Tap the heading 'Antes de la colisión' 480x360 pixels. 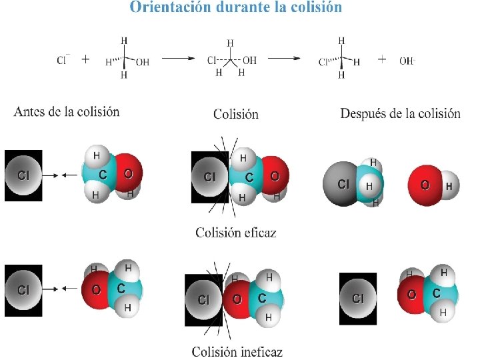pyautogui.click(x=67, y=111)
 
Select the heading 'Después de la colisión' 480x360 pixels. pyautogui.click(x=400, y=113)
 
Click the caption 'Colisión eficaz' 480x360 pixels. pyautogui.click(x=235, y=233)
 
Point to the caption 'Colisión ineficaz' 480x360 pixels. pyautogui.click(x=237, y=351)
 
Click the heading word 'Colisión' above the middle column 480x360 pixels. pyautogui.click(x=235, y=114)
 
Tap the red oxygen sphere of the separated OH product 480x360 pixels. pyautogui.click(x=425, y=184)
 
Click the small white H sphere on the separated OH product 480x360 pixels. pyautogui.click(x=449, y=187)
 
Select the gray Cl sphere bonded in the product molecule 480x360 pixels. pyautogui.click(x=342, y=184)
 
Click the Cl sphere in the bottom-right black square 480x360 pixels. pyautogui.click(x=357, y=298)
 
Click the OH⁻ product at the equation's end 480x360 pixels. pyautogui.click(x=407, y=61)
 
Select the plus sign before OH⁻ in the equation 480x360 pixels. pyautogui.click(x=382, y=59)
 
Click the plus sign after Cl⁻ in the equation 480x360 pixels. pyautogui.click(x=85, y=59)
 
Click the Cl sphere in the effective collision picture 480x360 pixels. pyautogui.click(x=209, y=177)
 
